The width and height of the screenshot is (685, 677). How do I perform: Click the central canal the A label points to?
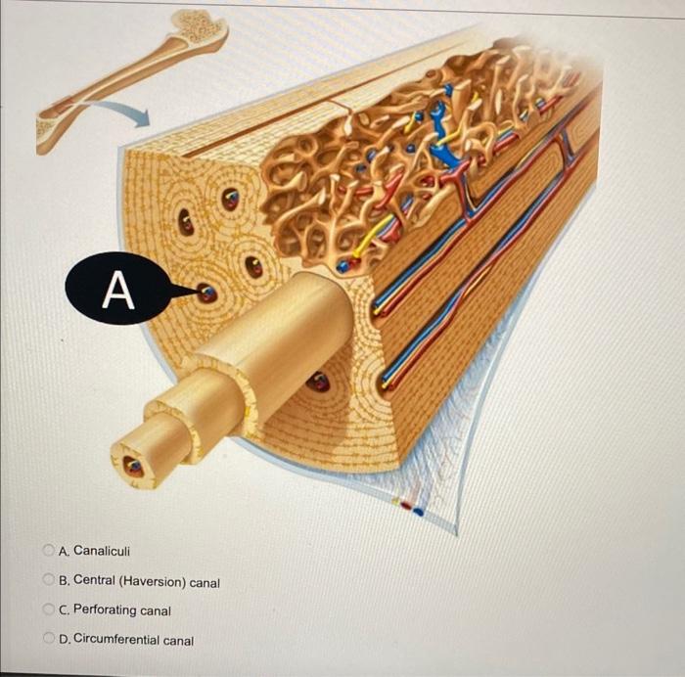[x=206, y=293]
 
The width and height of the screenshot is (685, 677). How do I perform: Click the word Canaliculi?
[x=102, y=552]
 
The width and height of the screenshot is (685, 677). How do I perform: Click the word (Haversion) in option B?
[x=151, y=582]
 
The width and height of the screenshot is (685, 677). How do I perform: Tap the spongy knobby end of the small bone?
[x=203, y=27]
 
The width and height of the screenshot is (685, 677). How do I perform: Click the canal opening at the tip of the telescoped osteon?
[x=134, y=468]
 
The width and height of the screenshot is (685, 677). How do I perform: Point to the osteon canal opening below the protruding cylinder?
[x=318, y=382]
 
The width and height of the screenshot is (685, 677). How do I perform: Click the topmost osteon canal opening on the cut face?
[x=230, y=199]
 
